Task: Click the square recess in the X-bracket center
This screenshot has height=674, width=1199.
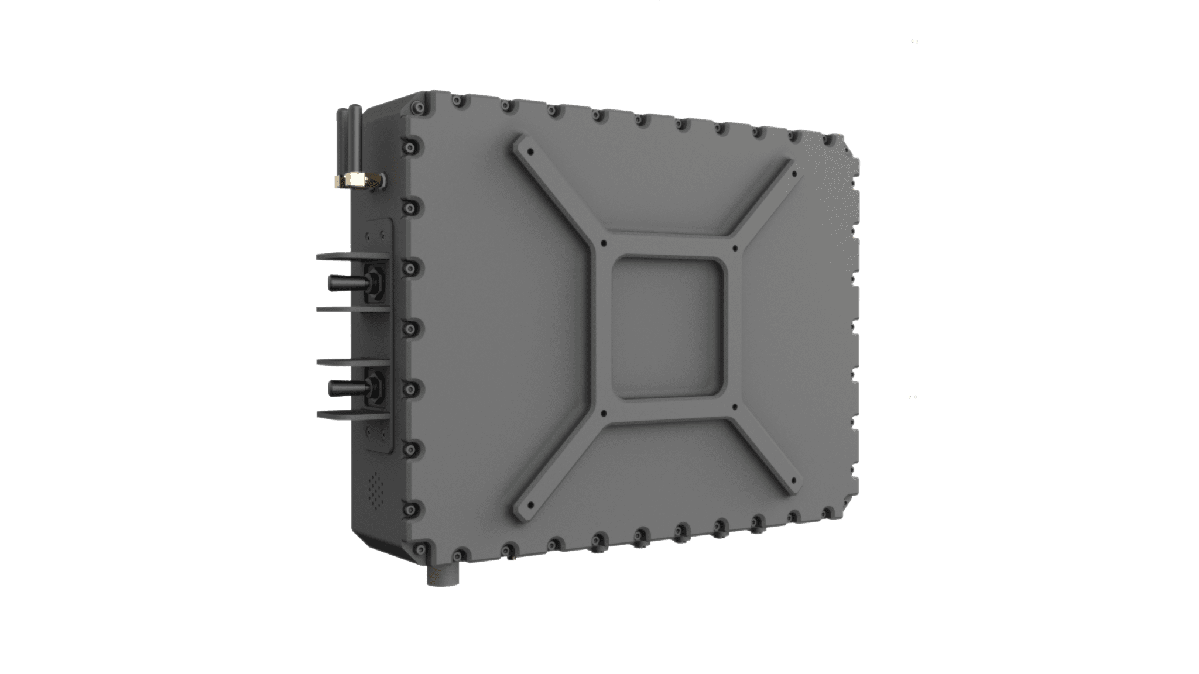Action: [x=667, y=328]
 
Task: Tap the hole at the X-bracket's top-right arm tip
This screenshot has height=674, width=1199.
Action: [x=794, y=174]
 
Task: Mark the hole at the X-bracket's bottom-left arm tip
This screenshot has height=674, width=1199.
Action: [x=531, y=504]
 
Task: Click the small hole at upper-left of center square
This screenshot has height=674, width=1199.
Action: [x=603, y=242]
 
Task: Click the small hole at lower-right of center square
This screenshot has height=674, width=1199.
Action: [x=734, y=405]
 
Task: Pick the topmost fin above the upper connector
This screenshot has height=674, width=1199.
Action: [x=351, y=256]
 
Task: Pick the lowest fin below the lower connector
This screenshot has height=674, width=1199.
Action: [x=351, y=414]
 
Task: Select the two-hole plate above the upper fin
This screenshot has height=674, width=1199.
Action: [x=375, y=236]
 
